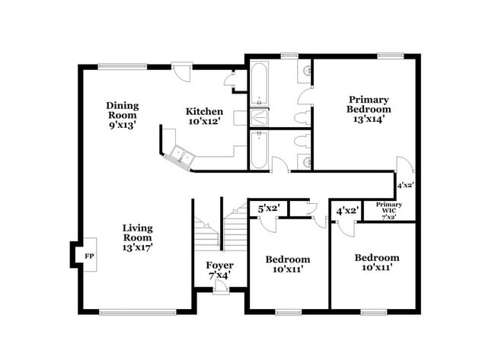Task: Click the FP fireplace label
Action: [x=89, y=256]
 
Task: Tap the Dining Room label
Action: [x=122, y=111]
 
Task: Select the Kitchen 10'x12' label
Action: [x=205, y=116]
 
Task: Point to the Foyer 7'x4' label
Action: [x=220, y=270]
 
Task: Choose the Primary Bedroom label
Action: [x=369, y=104]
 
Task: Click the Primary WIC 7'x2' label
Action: [x=388, y=211]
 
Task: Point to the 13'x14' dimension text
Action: [x=369, y=118]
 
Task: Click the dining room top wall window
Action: [x=122, y=66]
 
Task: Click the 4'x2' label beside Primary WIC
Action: [x=347, y=211]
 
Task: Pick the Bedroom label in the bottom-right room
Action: [x=376, y=258]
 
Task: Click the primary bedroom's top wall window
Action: [x=391, y=56]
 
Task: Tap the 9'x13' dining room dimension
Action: [x=122, y=126]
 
